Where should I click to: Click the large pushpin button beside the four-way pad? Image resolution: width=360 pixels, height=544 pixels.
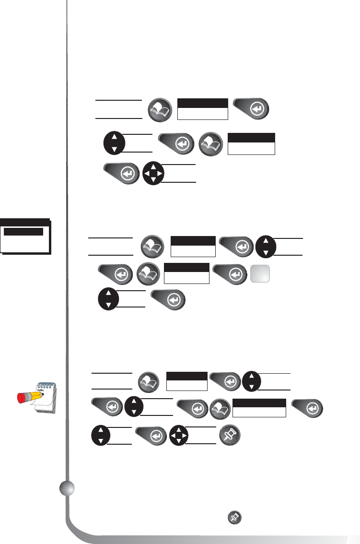230,436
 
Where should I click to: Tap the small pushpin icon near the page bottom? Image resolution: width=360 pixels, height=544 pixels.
234,517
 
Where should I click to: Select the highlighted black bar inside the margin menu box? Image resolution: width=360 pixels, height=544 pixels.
23,231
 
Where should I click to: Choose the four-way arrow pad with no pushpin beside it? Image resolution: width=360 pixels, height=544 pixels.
153,173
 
